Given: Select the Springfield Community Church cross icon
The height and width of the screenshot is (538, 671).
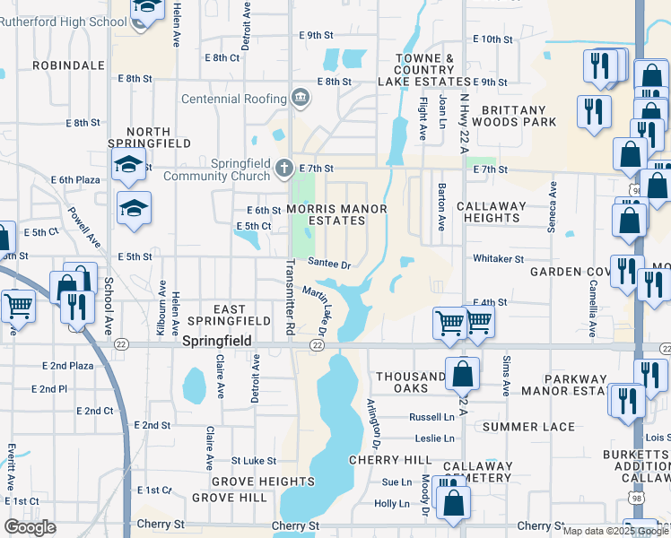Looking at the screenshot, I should point(284,168).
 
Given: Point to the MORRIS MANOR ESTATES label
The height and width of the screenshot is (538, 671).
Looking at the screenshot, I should point(336,214).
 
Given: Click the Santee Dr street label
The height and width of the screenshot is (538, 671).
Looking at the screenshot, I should point(328,263).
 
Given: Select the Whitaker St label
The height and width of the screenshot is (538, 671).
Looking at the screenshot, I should point(498,259).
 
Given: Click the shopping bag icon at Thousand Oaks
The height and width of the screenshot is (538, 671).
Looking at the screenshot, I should point(462,375).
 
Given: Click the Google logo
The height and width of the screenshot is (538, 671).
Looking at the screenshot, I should point(30,527).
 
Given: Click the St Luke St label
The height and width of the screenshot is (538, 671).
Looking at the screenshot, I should point(254,461).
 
